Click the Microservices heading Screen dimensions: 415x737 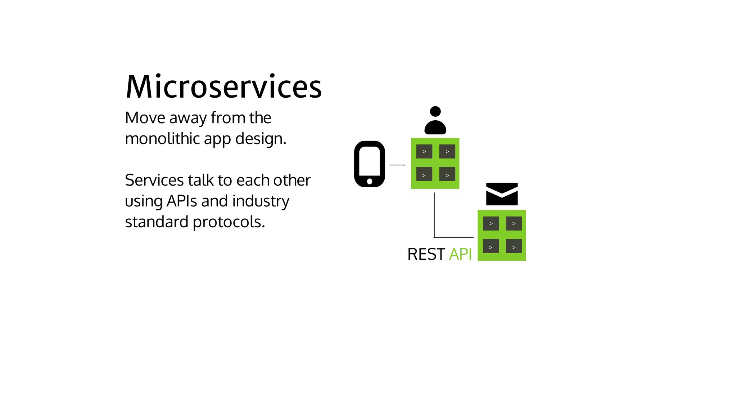(x=223, y=87)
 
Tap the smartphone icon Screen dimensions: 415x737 (x=370, y=164)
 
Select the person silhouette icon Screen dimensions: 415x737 (x=435, y=120)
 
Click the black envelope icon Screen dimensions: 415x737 (x=502, y=194)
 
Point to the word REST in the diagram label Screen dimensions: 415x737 (x=426, y=254)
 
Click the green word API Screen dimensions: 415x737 (x=460, y=254)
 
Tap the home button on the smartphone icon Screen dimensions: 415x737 (x=370, y=181)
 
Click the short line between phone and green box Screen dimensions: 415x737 (x=397, y=165)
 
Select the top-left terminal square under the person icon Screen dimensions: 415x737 (x=424, y=152)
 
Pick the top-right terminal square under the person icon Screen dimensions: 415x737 (x=447, y=152)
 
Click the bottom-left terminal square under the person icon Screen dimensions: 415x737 (x=424, y=174)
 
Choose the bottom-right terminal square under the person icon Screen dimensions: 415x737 (x=447, y=174)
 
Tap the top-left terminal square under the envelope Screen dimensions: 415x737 (x=491, y=224)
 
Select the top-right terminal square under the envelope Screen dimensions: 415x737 (x=514, y=224)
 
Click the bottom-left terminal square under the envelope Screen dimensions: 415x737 (x=491, y=246)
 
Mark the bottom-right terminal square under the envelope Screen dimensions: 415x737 (x=514, y=246)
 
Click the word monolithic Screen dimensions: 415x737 (x=162, y=139)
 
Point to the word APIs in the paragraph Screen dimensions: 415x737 (x=181, y=201)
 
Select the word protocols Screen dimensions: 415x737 (x=229, y=222)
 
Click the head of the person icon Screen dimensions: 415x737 (x=435, y=111)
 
